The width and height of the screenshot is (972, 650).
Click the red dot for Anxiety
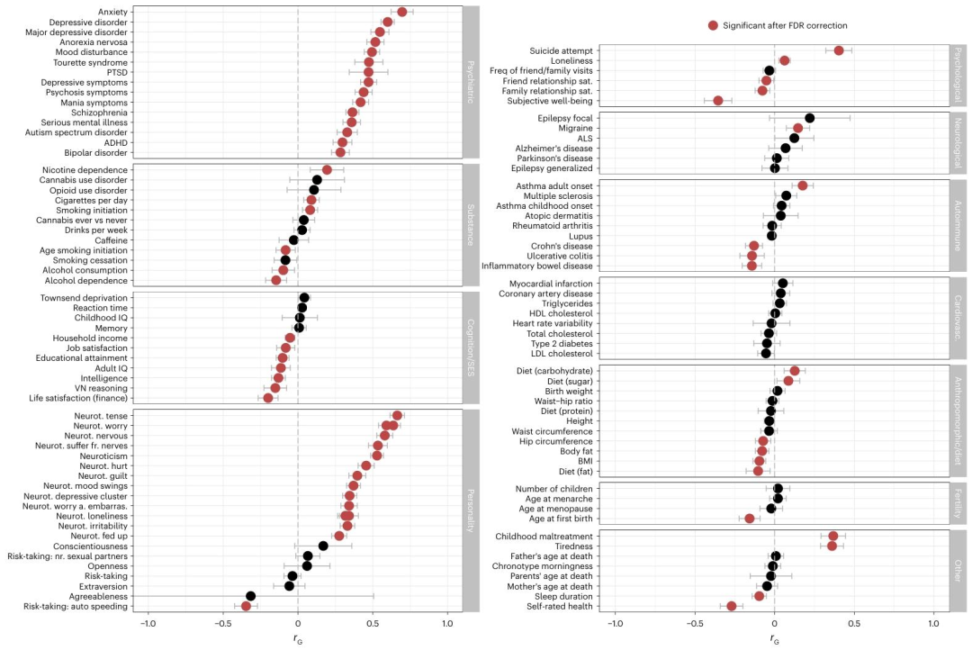pos(402,12)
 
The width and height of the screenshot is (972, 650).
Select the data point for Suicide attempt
pos(839,50)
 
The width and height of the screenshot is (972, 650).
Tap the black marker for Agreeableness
pos(250,596)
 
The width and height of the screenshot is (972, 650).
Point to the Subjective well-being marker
pos(718,100)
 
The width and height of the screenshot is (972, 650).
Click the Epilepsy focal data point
pos(809,118)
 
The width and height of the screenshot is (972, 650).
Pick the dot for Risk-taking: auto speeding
pos(246,607)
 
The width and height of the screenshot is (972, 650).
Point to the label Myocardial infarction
pos(550,284)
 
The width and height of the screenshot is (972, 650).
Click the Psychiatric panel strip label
pos(471,82)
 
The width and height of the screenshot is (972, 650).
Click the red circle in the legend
pos(714,26)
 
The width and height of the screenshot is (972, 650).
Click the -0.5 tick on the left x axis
pos(223,624)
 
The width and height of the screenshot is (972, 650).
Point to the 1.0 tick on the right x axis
pos(935,624)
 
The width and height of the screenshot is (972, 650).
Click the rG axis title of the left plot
pos(297,639)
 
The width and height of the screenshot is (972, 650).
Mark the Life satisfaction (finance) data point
pos(268,398)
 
